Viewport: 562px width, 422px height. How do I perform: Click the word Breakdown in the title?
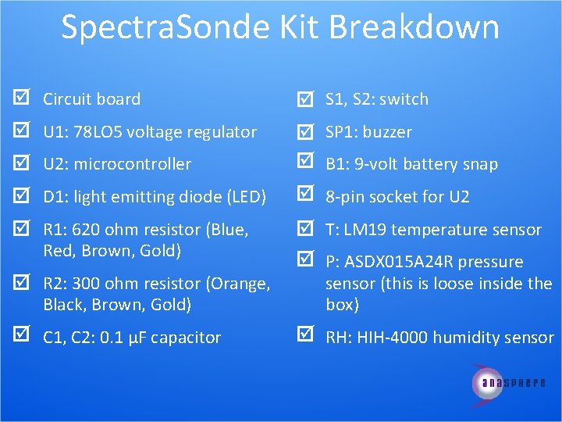(x=414, y=27)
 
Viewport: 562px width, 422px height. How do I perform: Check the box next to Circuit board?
(x=22, y=98)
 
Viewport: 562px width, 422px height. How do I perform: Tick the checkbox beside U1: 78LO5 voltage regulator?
(x=22, y=131)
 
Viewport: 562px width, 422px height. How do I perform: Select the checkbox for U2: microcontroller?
(x=22, y=163)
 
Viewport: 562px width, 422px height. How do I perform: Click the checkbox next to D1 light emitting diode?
(x=22, y=196)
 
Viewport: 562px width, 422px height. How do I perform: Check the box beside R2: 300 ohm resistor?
(x=22, y=283)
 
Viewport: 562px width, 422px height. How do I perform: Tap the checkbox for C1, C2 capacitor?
(x=22, y=337)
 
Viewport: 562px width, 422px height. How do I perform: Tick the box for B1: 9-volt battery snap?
(x=305, y=163)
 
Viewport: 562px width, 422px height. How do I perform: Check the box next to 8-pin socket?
(x=305, y=196)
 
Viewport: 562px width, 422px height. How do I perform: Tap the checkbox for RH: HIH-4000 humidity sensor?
(x=305, y=337)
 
